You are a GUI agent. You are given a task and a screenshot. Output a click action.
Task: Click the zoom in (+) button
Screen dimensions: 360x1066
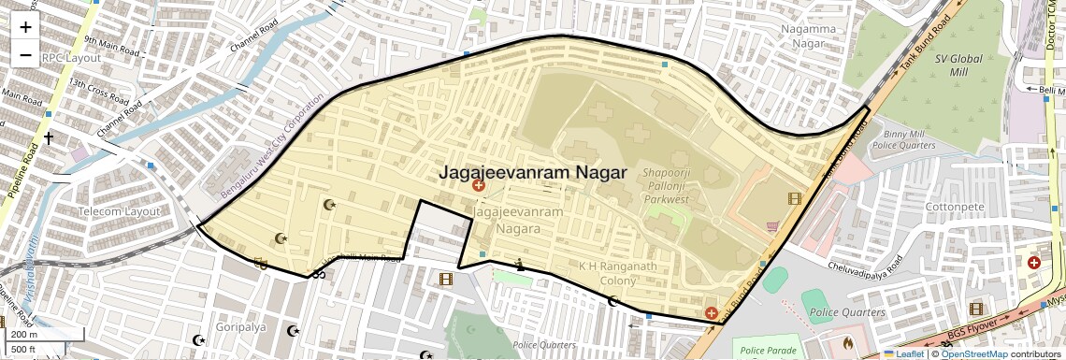(25, 27)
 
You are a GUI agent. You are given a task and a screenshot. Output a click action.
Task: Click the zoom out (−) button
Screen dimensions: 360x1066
(25, 55)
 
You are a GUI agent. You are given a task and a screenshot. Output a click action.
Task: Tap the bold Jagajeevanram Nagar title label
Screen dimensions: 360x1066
(532, 172)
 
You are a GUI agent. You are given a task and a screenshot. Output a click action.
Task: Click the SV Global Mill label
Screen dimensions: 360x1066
(958, 65)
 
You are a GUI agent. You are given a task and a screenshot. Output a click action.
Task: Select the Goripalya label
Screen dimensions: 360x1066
(237, 327)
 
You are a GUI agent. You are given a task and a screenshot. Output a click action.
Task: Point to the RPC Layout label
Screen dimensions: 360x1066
(71, 57)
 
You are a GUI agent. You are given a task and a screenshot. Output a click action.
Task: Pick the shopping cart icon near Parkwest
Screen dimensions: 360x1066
(772, 226)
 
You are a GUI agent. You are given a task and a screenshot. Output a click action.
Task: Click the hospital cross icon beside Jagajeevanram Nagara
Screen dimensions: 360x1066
(479, 186)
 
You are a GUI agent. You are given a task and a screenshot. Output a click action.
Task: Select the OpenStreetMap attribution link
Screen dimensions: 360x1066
(973, 353)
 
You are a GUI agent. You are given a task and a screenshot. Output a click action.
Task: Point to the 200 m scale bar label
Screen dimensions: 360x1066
(24, 334)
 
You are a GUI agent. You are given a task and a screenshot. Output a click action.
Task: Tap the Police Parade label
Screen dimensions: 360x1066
(767, 351)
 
